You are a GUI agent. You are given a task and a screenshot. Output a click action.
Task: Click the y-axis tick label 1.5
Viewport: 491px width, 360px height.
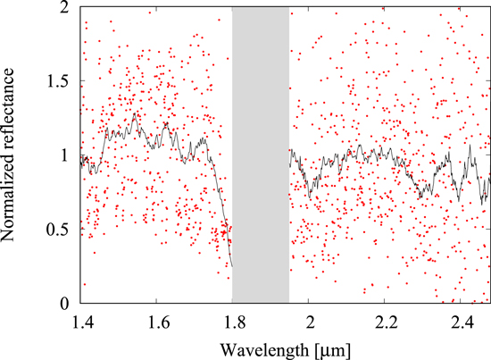tap(60, 80)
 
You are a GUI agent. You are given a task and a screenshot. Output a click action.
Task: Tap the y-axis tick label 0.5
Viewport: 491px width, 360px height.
tap(60, 229)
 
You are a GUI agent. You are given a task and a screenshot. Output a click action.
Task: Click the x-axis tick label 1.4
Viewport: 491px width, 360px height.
tap(80, 319)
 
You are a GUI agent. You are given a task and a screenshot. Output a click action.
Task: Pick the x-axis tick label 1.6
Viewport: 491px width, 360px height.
tap(156, 319)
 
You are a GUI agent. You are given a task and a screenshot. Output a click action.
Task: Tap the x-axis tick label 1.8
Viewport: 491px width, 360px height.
tap(232, 319)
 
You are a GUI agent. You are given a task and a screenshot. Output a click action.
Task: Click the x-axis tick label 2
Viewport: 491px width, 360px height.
tap(309, 319)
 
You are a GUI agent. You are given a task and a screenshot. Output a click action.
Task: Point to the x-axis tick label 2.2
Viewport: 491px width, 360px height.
tap(385, 319)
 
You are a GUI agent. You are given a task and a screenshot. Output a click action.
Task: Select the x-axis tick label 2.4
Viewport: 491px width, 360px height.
tap(461, 319)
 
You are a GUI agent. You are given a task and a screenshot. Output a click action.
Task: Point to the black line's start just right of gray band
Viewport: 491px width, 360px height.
tap(290, 152)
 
